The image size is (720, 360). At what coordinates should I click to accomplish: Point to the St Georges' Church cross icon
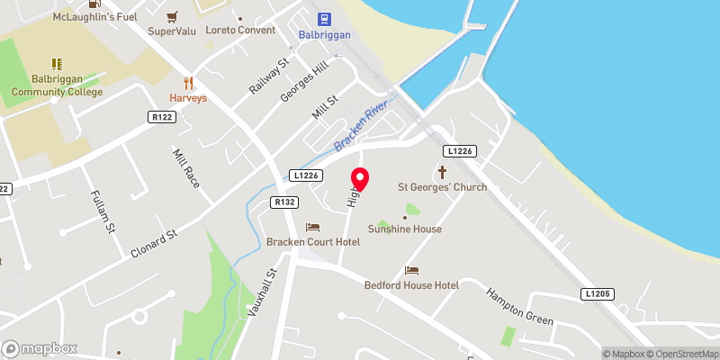point(442,171)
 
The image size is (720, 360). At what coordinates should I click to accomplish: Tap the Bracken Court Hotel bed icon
point(312,227)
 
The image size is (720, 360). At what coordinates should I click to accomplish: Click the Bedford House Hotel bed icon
point(411,270)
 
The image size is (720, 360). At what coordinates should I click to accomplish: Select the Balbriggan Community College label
point(57,85)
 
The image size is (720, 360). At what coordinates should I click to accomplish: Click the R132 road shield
point(285,202)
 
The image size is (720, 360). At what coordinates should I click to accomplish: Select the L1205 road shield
point(596,293)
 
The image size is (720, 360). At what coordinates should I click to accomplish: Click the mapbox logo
point(40,348)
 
